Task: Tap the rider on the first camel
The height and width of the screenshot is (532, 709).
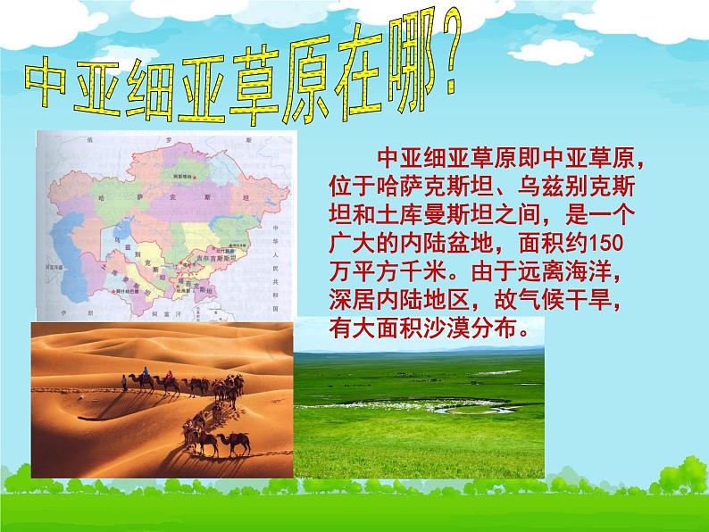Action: pos(140,377)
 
